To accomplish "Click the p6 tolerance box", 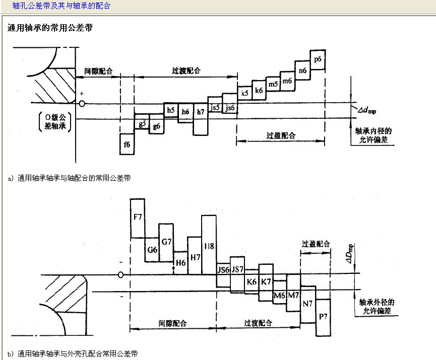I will pos(318,60).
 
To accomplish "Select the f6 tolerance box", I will pos(127,144).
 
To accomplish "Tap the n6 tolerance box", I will pos(302,70).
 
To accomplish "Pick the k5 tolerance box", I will pos(244,93).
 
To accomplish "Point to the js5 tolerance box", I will pos(215,107).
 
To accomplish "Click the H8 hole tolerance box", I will pos(209,245).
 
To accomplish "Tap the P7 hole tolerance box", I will pos(324,317).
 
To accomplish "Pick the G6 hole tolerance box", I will pos(152,249).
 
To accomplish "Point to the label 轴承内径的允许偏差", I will pos(373,135).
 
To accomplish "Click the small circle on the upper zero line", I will pos(81,104).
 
